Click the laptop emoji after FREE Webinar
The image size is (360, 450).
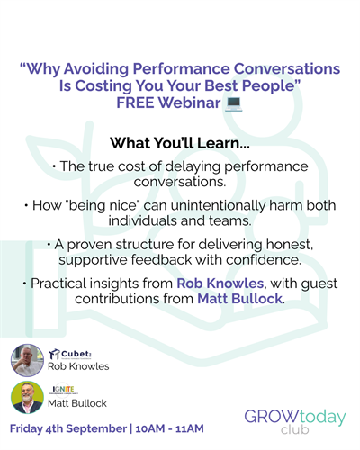click(x=234, y=103)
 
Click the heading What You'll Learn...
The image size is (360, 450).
click(x=180, y=143)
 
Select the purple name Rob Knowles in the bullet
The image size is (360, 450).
click(x=220, y=283)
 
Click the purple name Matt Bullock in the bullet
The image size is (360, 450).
click(x=240, y=299)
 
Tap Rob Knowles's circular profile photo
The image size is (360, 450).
click(x=27, y=360)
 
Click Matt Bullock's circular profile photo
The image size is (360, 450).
click(x=27, y=398)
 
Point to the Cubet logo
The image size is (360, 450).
click(x=70, y=355)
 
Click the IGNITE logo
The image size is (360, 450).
click(x=63, y=390)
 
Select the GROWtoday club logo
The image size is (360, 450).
click(x=295, y=421)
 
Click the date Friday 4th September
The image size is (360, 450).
click(x=68, y=428)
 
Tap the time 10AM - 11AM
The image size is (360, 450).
click(x=169, y=428)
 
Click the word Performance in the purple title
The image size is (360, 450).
click(x=181, y=69)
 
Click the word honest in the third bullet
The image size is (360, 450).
click(x=290, y=245)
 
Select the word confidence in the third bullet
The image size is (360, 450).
click(x=264, y=260)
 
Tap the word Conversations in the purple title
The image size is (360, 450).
click(x=287, y=68)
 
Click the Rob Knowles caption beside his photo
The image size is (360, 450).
click(x=78, y=366)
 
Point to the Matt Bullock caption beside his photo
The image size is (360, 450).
click(x=77, y=403)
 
